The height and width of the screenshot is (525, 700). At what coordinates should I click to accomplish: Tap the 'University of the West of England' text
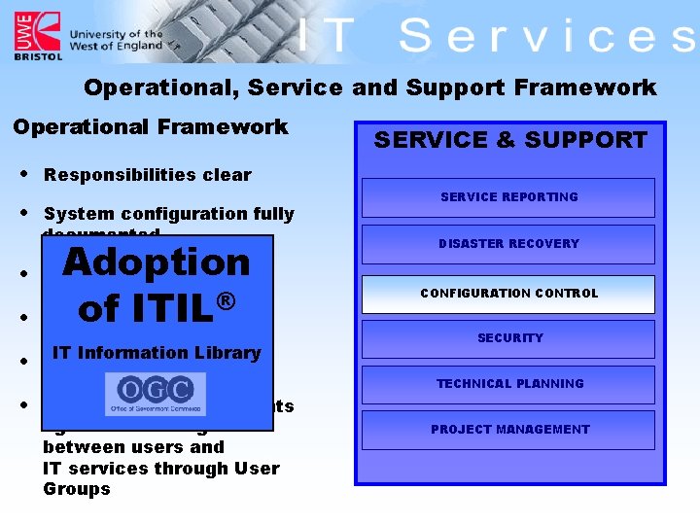(116, 40)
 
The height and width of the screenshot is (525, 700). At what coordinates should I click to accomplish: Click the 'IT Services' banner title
(496, 37)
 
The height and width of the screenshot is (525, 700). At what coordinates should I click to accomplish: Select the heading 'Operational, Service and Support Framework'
(369, 87)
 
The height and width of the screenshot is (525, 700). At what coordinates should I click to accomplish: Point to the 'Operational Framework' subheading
(150, 127)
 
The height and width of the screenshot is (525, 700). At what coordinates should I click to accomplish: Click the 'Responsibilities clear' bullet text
(147, 175)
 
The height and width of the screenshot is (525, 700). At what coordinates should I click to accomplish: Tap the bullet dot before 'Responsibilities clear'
(22, 175)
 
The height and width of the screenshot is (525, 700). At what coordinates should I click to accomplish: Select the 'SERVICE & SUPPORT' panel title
(509, 140)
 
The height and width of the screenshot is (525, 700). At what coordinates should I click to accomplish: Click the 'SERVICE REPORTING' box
(508, 197)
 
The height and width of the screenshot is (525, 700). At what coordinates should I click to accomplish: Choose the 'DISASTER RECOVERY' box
(508, 244)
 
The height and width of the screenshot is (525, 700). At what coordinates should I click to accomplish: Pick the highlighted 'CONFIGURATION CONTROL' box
(508, 294)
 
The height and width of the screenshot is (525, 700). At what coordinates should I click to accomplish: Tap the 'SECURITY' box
(509, 338)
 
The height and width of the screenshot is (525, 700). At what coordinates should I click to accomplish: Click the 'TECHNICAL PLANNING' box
(509, 384)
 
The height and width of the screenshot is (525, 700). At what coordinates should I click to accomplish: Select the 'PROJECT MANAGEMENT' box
(509, 430)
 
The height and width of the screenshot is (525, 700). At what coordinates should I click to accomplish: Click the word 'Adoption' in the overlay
(157, 262)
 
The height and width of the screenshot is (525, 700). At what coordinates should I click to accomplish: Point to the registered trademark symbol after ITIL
(226, 301)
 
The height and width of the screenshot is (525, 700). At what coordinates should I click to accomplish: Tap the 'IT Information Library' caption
(157, 353)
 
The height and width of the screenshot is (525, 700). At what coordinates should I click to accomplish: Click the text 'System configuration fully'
(168, 214)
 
